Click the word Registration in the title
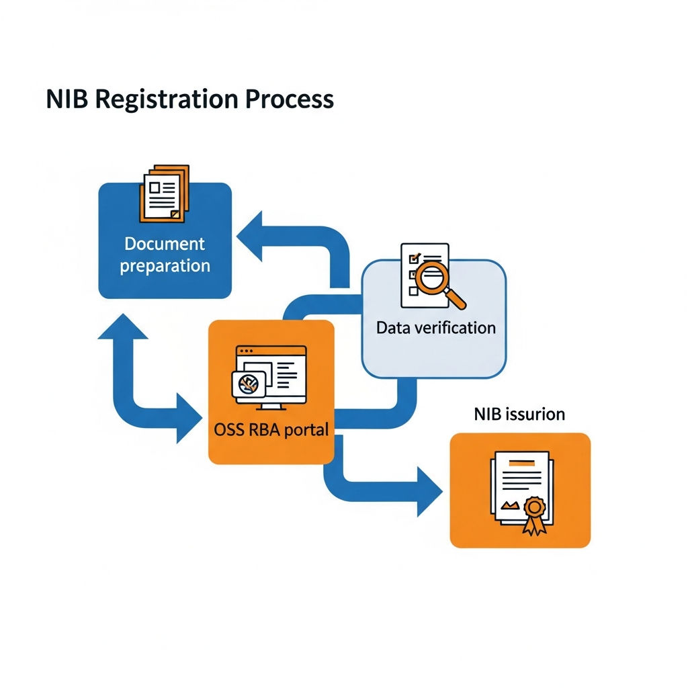pos(167,99)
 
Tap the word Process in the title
pos(290,99)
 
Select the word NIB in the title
pos(67,99)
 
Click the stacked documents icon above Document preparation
pos(164,193)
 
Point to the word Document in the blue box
pos(165,243)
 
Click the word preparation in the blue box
pos(165,266)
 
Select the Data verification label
pos(435,328)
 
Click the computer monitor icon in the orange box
pos(269,378)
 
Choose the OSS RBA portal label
pos(271,429)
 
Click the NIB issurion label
pos(519,414)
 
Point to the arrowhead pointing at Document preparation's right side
pos(250,236)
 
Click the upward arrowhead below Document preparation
pos(123,327)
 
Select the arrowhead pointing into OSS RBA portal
pos(189,418)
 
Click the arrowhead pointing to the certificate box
pos(429,491)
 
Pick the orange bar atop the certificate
pos(521,463)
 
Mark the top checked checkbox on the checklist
pos(414,258)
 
